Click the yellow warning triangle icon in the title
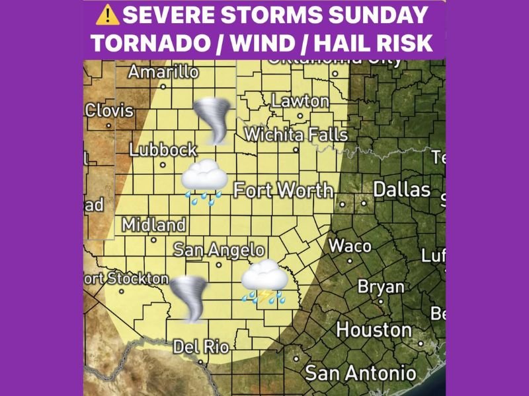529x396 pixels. (x=106, y=14)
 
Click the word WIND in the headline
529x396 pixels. (x=261, y=43)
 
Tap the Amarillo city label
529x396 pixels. (x=163, y=72)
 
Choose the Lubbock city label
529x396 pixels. (x=163, y=150)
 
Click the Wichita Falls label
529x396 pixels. (x=296, y=135)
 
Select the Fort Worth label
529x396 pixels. (x=284, y=191)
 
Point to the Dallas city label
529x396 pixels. (x=401, y=190)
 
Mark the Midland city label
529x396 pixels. (x=153, y=225)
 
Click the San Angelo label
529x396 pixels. (x=219, y=250)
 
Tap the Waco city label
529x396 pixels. (x=350, y=246)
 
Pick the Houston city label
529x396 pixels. (x=374, y=329)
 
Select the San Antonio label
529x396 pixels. (x=360, y=373)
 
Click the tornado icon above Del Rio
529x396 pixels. (x=189, y=298)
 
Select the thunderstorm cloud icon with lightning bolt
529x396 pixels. (x=264, y=282)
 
